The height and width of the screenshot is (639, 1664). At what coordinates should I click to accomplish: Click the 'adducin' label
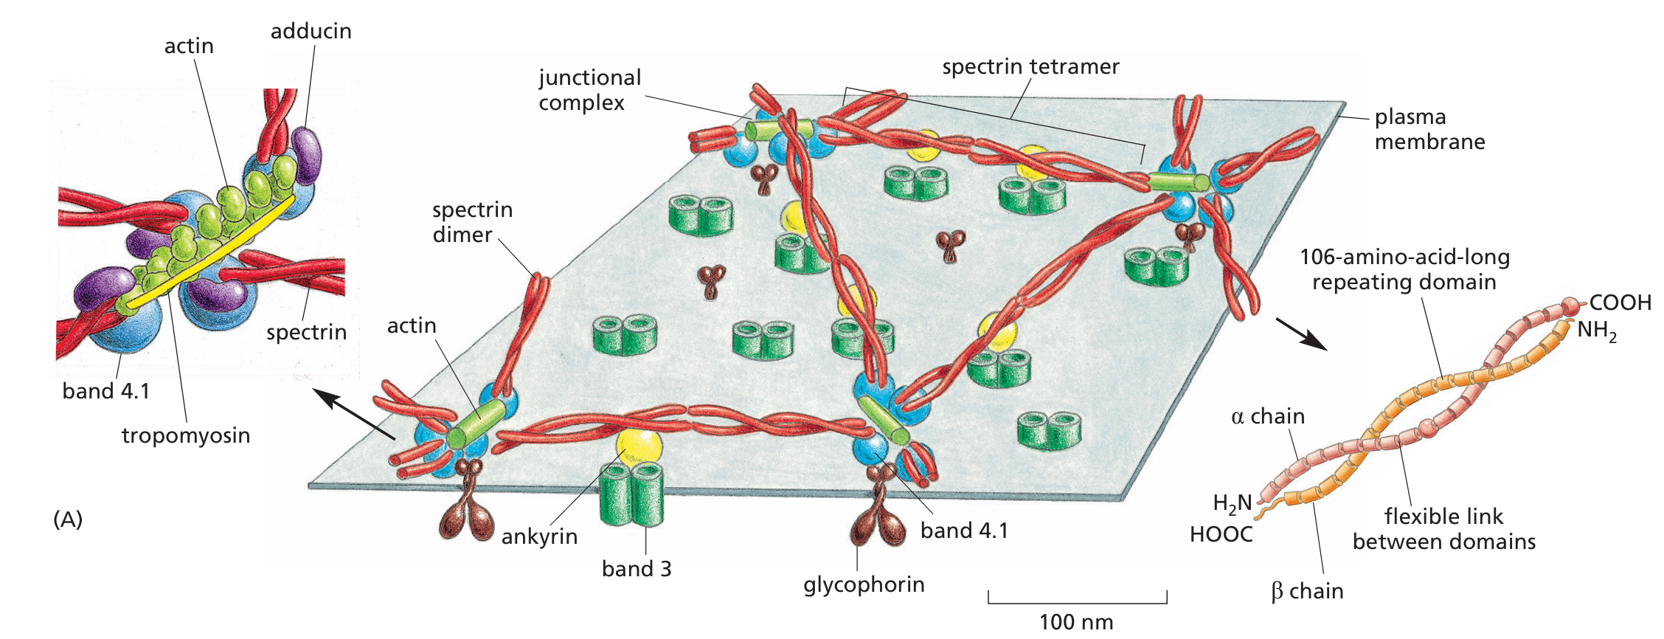click(x=311, y=31)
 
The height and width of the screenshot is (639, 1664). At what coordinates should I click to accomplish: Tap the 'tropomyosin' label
click(x=186, y=435)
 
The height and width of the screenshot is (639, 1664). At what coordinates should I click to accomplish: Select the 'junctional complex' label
click(x=589, y=90)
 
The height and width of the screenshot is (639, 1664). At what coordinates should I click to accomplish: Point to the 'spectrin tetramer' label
click(x=1030, y=66)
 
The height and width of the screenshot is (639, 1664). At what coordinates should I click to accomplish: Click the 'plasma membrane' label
click(x=1429, y=129)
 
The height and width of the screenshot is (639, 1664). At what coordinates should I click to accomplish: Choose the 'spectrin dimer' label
click(x=472, y=222)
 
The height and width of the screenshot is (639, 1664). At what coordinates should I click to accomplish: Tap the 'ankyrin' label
click(x=539, y=536)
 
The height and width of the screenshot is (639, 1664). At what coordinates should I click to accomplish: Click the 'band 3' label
click(x=637, y=569)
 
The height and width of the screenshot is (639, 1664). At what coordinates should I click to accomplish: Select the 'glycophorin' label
click(x=864, y=584)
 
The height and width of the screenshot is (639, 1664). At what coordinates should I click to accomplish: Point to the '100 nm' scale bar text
click(x=1076, y=622)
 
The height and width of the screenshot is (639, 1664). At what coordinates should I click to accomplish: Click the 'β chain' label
click(x=1307, y=591)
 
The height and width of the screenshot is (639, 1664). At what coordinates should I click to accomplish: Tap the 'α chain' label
click(x=1267, y=416)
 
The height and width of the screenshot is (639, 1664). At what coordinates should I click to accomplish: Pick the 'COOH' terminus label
click(x=1620, y=303)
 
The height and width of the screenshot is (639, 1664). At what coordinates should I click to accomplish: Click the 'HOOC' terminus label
click(x=1221, y=534)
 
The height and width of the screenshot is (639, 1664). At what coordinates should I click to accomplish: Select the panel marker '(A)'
click(x=68, y=519)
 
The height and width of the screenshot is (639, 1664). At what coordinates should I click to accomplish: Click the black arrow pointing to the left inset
click(x=354, y=414)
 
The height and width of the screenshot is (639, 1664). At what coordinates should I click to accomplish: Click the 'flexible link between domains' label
click(x=1443, y=529)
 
